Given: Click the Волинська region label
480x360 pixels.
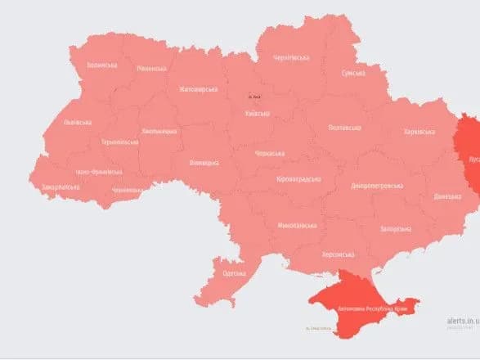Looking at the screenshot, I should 103,65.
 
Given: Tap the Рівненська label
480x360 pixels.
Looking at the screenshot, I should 152,70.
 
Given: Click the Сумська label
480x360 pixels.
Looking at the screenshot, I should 352,73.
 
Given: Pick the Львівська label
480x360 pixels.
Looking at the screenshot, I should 78,123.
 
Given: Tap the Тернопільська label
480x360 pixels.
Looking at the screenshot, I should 119,142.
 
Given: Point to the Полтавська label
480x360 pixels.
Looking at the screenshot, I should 344,128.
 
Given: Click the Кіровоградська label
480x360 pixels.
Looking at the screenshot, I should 298,179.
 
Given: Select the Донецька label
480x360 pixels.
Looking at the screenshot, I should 447,196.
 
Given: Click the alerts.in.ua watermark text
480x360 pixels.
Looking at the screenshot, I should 463,321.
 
